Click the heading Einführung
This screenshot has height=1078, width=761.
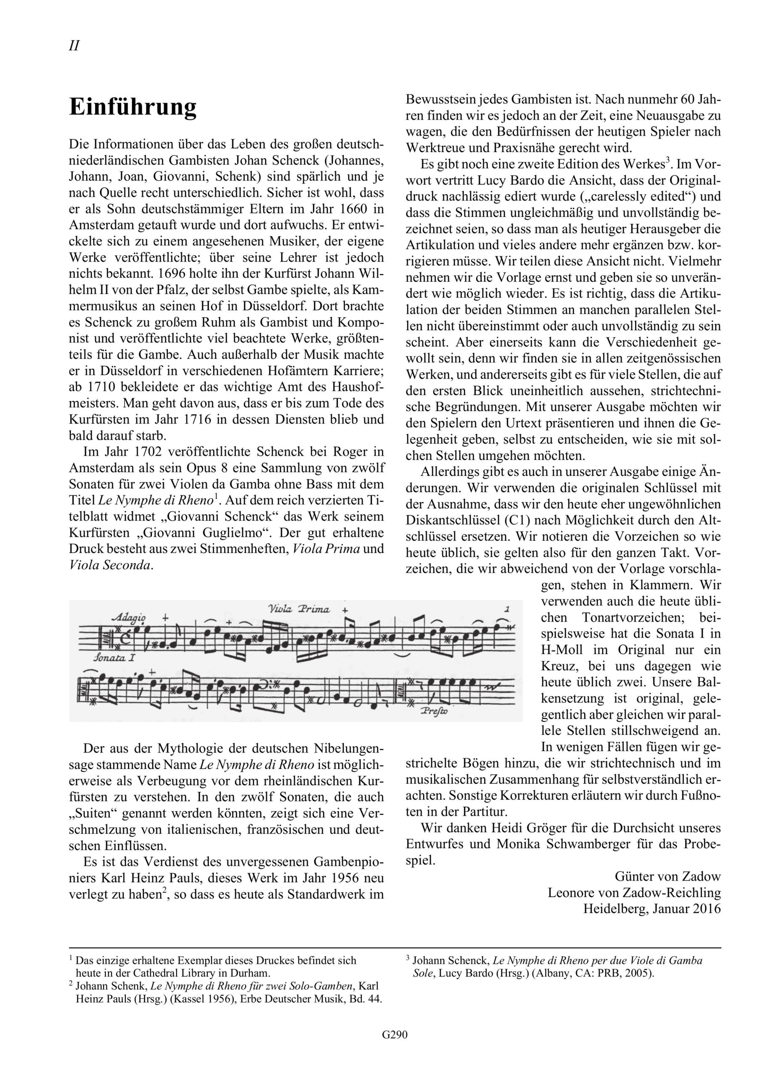pyautogui.click(x=133, y=107)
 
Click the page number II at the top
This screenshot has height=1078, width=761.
pyautogui.click(x=74, y=46)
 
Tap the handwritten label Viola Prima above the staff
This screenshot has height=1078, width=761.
pyautogui.click(x=299, y=609)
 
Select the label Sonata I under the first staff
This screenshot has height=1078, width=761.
pyautogui.click(x=114, y=657)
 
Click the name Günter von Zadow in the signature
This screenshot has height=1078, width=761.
pyautogui.click(x=667, y=876)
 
